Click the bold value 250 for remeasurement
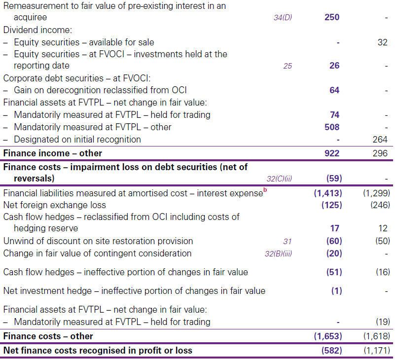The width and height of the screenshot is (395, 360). (332, 17)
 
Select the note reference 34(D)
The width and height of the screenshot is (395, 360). (283, 18)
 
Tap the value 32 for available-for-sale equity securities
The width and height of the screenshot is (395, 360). (382, 42)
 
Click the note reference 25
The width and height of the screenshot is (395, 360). (287, 66)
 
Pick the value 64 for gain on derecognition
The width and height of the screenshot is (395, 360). (334, 90)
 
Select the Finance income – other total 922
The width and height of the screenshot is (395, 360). (332, 153)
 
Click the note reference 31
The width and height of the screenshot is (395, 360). (287, 242)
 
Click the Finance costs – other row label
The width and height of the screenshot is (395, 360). (48, 336)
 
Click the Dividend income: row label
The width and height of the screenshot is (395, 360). (37, 30)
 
